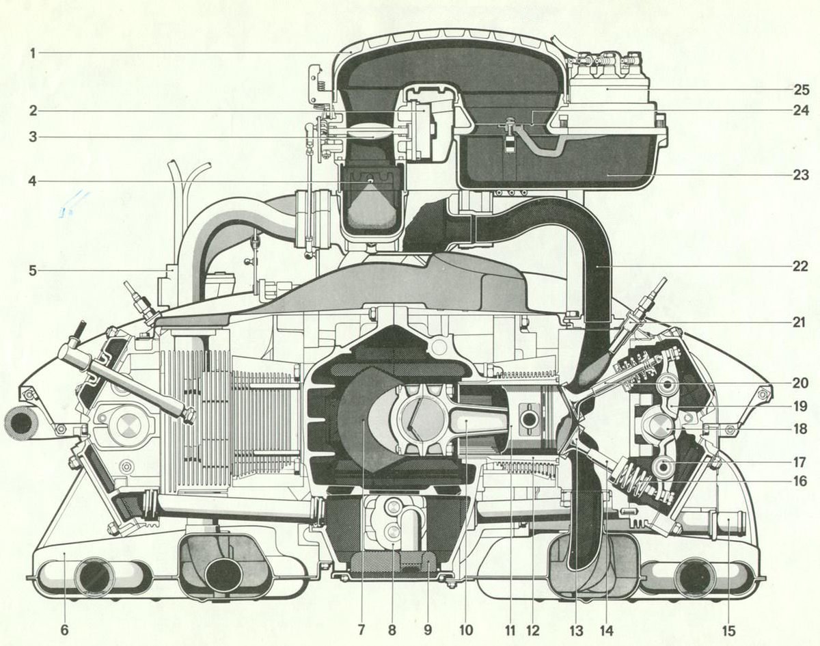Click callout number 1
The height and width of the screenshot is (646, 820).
32,53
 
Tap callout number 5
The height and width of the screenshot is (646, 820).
32,270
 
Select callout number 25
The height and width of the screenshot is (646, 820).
801,90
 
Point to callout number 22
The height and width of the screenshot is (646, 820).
801,267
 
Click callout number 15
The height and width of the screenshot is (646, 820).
728,630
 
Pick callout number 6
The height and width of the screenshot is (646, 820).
64,630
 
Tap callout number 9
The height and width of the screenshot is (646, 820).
428,630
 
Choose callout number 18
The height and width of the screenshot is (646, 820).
801,429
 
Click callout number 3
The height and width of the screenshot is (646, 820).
32,137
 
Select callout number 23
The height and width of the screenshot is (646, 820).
801,175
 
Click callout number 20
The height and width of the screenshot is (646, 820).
801,383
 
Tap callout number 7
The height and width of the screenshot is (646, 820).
359,630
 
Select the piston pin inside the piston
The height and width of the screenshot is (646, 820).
526,418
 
